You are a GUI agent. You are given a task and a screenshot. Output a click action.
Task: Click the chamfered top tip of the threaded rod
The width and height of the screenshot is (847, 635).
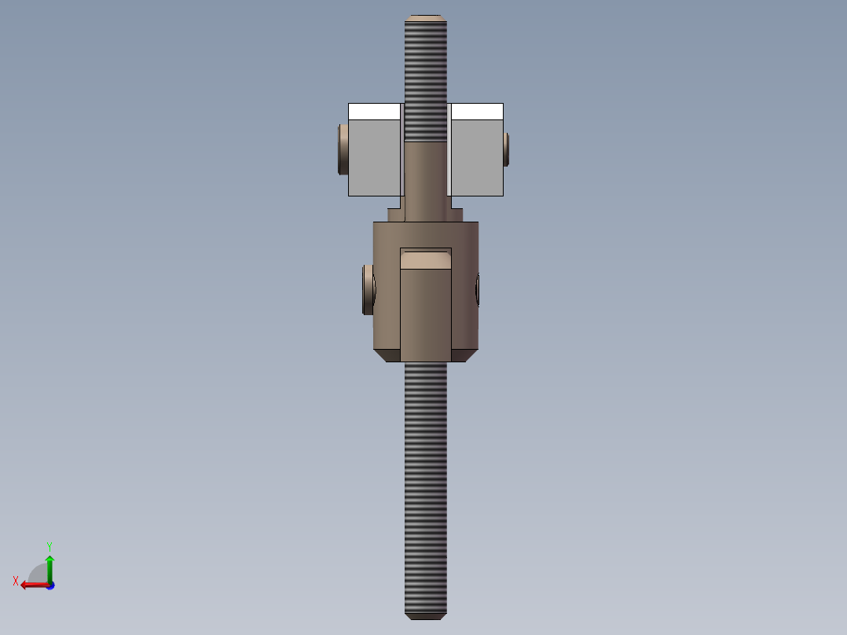coord(426,17)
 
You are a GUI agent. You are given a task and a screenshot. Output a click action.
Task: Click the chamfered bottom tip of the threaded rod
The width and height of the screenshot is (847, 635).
coord(426,615)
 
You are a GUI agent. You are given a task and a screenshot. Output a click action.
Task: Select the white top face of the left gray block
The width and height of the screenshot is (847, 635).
coord(374,111)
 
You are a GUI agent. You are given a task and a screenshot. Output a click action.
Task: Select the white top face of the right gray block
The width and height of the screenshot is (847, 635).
coord(477,111)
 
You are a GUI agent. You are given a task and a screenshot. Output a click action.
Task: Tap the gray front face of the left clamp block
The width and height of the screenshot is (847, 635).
coord(374,157)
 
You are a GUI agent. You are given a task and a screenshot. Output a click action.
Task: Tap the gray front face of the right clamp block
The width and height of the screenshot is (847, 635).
coord(476,157)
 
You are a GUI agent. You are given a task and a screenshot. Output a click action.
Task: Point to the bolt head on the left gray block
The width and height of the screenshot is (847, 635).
coord(343,149)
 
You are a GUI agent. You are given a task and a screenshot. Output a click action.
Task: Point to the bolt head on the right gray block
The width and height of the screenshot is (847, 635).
coord(507,149)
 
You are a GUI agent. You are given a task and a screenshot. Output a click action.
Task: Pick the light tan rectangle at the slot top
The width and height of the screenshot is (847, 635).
coord(426,260)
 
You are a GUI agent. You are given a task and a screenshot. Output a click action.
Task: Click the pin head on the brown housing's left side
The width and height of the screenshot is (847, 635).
coord(368,290)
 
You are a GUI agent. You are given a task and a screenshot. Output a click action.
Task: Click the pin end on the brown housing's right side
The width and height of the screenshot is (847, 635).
coord(477,289)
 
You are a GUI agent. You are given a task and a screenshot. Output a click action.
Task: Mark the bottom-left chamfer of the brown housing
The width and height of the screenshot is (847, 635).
coord(387,356)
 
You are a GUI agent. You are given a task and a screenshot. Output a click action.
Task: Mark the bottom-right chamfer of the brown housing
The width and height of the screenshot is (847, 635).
coord(464,356)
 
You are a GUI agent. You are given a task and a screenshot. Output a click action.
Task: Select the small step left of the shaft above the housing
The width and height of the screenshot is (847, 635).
coord(395,215)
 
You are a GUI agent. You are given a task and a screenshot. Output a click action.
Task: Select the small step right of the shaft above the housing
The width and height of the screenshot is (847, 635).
coord(456,215)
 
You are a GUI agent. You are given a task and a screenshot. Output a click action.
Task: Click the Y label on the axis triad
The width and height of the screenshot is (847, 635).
coord(49,545)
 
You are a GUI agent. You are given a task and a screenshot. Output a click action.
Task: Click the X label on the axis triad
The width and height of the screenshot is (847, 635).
coord(16,582)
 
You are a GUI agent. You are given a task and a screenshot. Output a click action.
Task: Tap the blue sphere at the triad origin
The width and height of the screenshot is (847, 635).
coord(49,585)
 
